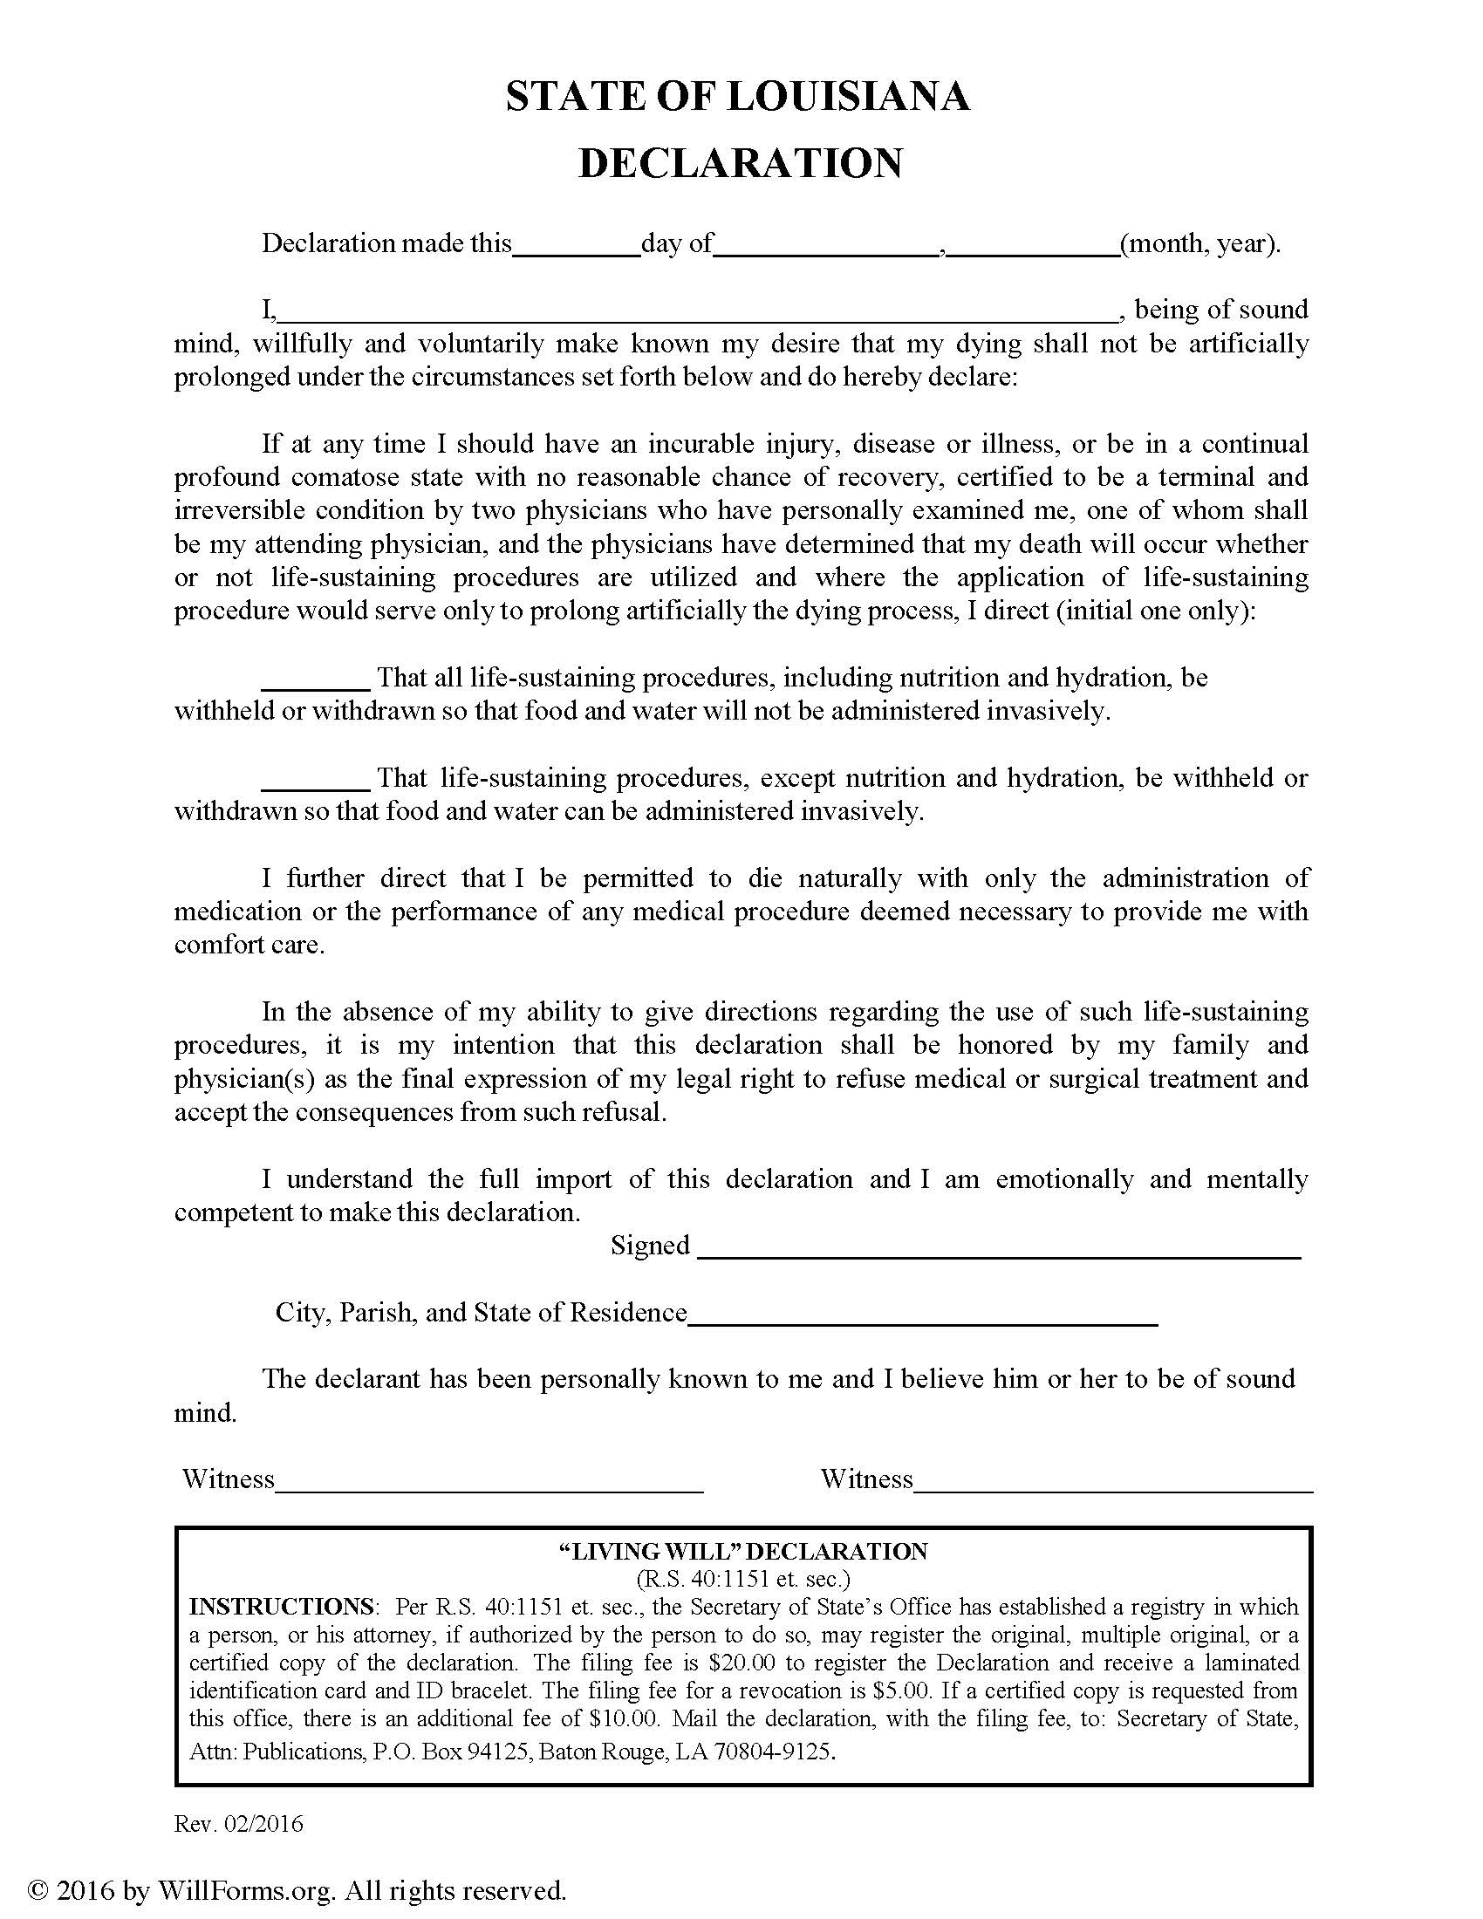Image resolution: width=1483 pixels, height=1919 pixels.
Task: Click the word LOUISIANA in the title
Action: (x=849, y=97)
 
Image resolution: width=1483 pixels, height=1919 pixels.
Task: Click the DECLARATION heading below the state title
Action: (x=741, y=163)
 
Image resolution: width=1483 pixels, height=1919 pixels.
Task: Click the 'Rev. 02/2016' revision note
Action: (x=239, y=1825)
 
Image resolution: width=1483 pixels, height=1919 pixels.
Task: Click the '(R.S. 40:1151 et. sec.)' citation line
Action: (x=743, y=1580)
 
